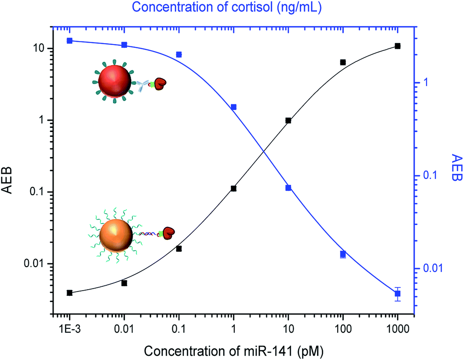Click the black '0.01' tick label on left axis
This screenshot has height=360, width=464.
[x=34, y=264]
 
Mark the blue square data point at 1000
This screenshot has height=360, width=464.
[x=397, y=293]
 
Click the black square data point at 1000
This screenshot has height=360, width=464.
[x=397, y=46]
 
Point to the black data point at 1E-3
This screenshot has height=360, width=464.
[x=70, y=292]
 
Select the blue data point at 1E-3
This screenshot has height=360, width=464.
[x=70, y=41]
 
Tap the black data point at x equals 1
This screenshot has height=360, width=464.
[x=234, y=189]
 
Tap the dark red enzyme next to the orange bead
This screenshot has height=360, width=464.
[x=168, y=233]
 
